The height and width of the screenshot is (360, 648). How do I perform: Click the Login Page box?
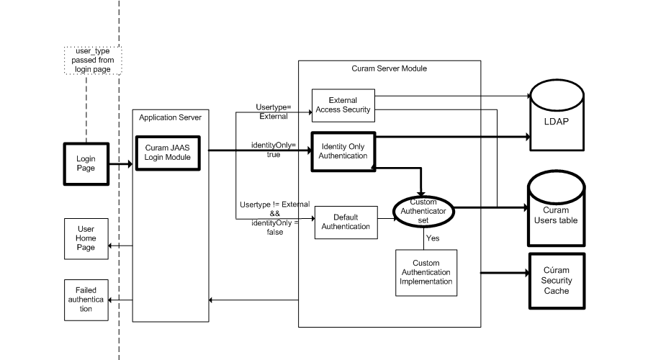[x=86, y=163]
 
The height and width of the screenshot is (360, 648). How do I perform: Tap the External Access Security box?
[x=343, y=105]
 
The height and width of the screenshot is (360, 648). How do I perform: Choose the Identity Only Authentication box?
[x=343, y=151]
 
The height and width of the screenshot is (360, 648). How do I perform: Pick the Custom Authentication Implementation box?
[x=426, y=272]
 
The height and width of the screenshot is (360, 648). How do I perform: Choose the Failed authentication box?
[x=86, y=299]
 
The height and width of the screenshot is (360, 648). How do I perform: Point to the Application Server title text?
[x=170, y=117]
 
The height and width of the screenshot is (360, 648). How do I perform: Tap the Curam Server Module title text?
[x=389, y=68]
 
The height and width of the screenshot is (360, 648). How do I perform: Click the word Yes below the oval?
[x=433, y=237]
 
